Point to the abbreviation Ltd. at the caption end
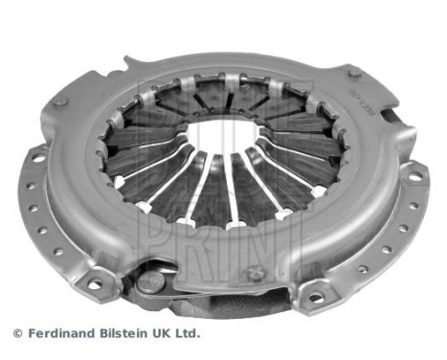coord(189,333)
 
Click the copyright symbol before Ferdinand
coord(16,333)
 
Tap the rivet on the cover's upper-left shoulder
coord(60,101)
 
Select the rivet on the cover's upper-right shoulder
coord(355,73)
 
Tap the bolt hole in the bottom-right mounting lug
coord(316,298)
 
